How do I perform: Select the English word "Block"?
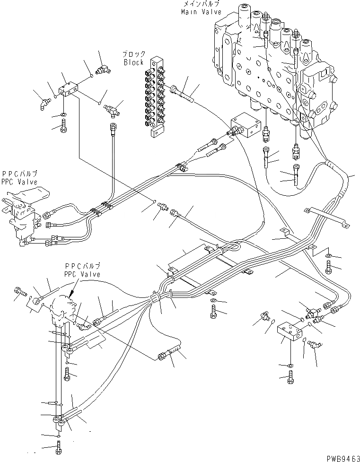pos(133,62)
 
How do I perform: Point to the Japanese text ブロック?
pos(134,54)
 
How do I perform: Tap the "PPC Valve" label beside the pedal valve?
pos(19,181)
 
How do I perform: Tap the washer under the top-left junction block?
pos(63,115)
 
